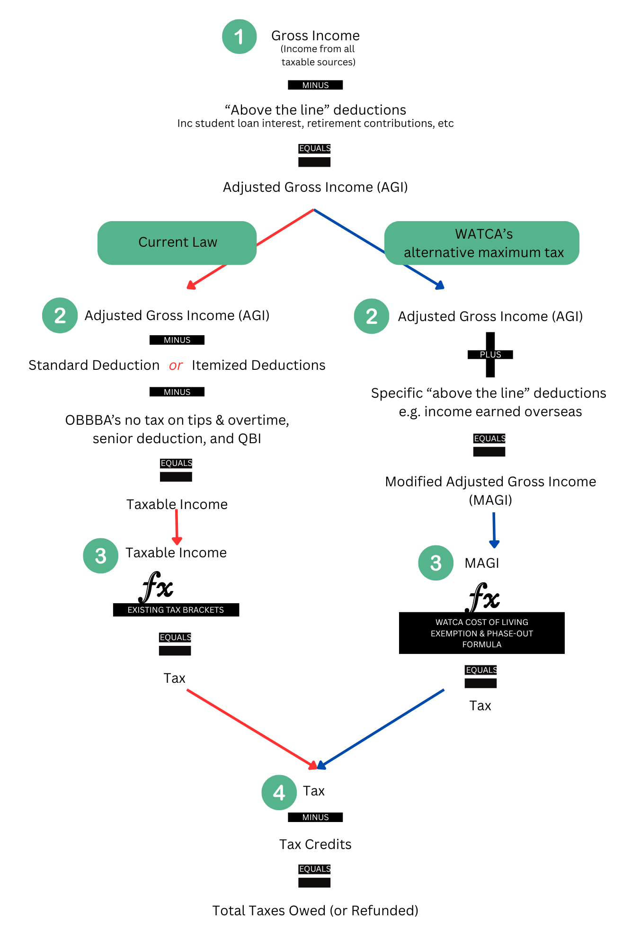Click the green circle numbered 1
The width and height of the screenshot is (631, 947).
coord(240,36)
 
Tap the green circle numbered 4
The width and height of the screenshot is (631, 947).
coord(279,792)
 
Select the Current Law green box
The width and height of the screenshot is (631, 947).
coord(177,242)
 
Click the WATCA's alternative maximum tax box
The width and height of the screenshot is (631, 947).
coord(482,243)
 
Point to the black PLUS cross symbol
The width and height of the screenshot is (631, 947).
coord(490,355)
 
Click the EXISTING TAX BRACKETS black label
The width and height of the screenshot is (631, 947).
coord(176,610)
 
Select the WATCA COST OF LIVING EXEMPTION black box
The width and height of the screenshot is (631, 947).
coord(482,633)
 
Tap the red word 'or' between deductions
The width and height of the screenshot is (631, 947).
coord(176,366)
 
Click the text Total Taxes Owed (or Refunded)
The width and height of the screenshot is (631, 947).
coord(315,911)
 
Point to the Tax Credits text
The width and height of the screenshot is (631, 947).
coord(315,844)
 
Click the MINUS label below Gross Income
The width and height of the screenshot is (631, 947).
coord(315,85)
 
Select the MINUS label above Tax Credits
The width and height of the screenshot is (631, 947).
coord(315,817)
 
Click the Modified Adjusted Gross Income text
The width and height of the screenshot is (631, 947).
coord(490,491)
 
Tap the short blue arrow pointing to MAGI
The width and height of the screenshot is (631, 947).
coord(494,530)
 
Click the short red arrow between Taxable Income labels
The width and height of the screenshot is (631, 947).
coord(177,527)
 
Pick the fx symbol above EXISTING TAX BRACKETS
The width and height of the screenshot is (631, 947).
coord(156,587)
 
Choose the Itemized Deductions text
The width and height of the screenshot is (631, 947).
coord(258,365)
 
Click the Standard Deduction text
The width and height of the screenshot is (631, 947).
coord(94,365)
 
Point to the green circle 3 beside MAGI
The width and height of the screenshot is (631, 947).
coord(436,563)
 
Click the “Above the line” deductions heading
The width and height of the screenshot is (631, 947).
coord(315,110)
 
